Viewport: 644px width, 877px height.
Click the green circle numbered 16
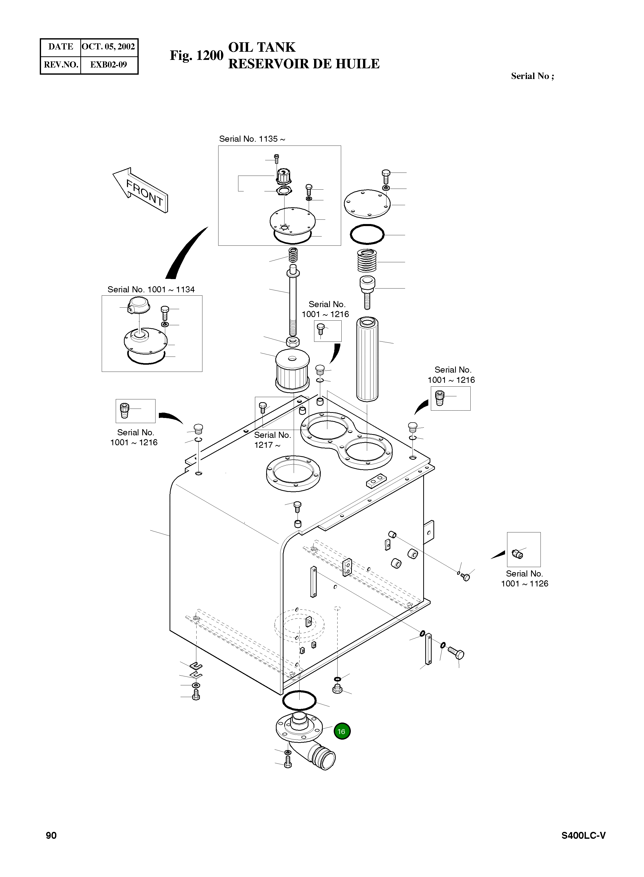coord(342,731)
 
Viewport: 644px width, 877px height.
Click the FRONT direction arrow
coord(140,190)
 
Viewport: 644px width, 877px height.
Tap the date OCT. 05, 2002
coord(108,47)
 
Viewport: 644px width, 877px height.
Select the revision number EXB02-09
coord(108,65)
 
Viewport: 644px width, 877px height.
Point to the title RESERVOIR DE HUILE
coord(304,64)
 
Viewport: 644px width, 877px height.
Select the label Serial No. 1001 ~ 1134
coord(151,290)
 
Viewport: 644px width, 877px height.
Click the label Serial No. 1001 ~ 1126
coord(524,579)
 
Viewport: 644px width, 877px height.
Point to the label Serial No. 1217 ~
coord(273,440)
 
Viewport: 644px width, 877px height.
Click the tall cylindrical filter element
coord(367,359)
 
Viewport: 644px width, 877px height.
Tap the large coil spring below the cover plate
coord(367,261)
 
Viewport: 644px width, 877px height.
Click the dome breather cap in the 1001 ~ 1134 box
coord(139,305)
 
